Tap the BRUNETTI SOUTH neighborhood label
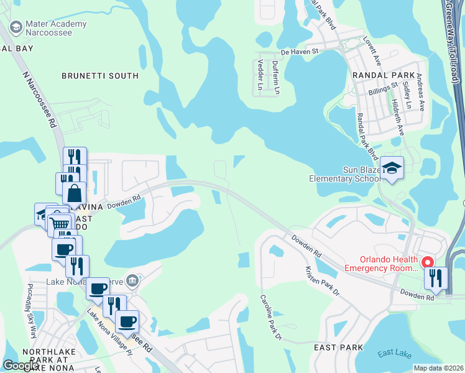(x=99, y=76)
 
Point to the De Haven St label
(x=299, y=52)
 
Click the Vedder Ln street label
(x=260, y=74)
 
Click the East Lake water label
(x=394, y=354)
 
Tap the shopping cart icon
(x=59, y=223)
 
